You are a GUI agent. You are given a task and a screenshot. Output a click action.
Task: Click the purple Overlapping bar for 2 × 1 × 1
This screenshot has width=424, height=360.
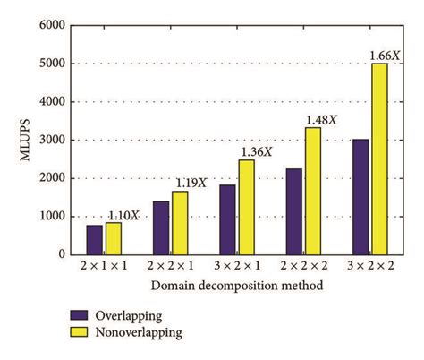pyautogui.click(x=95, y=239)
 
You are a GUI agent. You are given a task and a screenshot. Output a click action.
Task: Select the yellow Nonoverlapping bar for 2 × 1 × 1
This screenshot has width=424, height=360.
pyautogui.click(x=113, y=238)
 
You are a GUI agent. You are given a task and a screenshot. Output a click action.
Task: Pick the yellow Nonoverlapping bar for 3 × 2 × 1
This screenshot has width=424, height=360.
pyautogui.click(x=245, y=207)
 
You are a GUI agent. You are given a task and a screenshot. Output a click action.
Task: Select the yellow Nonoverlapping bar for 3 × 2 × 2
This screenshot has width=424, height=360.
pyautogui.click(x=378, y=159)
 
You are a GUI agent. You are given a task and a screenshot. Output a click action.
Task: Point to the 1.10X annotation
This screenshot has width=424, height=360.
pyautogui.click(x=123, y=215)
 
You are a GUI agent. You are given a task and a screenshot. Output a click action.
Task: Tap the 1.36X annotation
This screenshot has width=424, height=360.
pyautogui.click(x=255, y=151)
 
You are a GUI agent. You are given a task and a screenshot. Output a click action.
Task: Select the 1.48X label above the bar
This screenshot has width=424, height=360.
pyautogui.click(x=320, y=119)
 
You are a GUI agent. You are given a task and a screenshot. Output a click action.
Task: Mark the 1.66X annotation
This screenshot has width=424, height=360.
pyautogui.click(x=385, y=56)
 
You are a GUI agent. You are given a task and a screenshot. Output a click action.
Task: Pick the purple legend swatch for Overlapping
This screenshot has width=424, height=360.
pyautogui.click(x=79, y=315)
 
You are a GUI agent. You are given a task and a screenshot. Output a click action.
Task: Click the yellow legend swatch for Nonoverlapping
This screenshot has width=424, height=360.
pyautogui.click(x=79, y=331)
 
